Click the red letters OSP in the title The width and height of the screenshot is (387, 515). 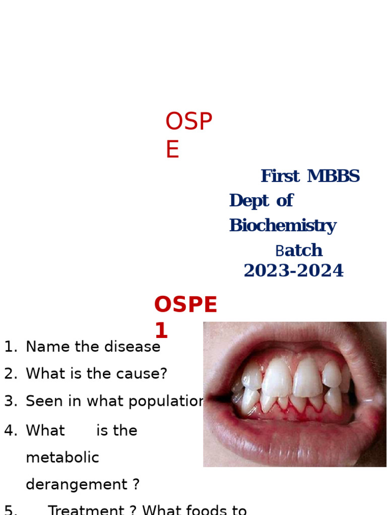tap(188, 122)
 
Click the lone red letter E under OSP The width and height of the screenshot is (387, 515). tap(172, 150)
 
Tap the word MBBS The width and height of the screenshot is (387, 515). tap(333, 177)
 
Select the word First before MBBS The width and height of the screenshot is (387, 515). tap(280, 177)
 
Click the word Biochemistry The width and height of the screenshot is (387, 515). tap(282, 226)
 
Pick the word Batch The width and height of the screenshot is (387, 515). tap(299, 250)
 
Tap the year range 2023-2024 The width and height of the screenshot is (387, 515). tap(293, 271)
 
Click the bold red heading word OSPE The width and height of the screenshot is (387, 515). tap(185, 305)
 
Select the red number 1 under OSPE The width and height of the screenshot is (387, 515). tap(161, 331)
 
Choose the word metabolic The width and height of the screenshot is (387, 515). tap(62, 458)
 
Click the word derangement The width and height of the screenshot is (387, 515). tap(76, 485)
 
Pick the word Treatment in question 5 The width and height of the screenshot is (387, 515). tap(86, 510)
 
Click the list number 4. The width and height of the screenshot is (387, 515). tap(10, 431)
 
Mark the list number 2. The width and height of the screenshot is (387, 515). tap(10, 374)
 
